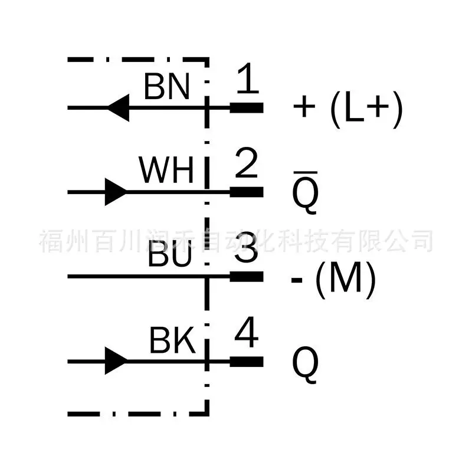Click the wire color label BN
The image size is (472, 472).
click(167, 87)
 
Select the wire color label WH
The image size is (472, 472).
click(166, 170)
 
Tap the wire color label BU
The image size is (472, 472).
click(170, 255)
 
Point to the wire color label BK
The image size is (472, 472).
click(172, 340)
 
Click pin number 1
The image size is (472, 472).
click(247, 78)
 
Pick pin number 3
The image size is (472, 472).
click(246, 247)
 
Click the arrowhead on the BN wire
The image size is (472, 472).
click(119, 108)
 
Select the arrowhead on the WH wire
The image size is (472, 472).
click(116, 192)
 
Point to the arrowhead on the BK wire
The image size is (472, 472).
click(116, 360)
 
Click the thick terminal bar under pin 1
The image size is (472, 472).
click(247, 108)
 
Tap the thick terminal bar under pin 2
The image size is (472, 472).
click(247, 192)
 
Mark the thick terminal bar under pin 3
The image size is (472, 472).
click(247, 277)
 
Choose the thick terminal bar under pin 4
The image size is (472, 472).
click(247, 362)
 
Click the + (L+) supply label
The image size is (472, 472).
click(348, 109)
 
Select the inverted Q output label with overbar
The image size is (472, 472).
click(305, 193)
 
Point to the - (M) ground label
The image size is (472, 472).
click(333, 279)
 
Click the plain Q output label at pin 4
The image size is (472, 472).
click(305, 365)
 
